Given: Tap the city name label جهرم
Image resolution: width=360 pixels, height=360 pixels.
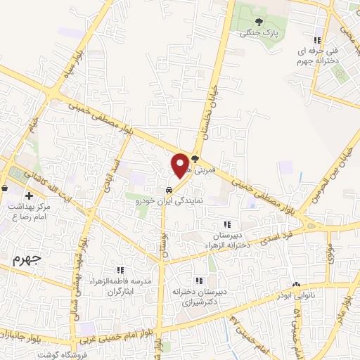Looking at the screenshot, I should [x=27, y=258].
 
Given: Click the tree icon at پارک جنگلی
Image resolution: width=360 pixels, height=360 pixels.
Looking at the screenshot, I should [x=259, y=22].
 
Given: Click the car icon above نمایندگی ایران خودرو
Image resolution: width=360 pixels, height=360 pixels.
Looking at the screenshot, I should [x=169, y=190].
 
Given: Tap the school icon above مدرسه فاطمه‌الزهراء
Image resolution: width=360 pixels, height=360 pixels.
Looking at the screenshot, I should [x=120, y=270].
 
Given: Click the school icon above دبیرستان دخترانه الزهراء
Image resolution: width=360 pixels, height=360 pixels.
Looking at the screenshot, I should [x=226, y=224].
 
